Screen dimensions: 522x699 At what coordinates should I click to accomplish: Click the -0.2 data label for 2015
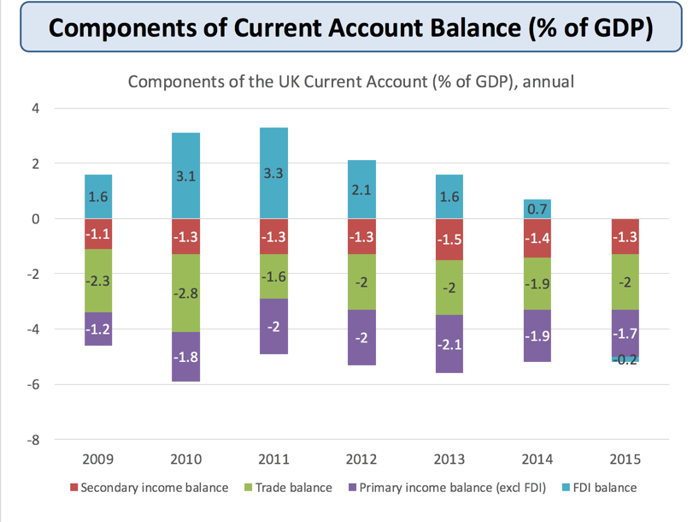(626, 359)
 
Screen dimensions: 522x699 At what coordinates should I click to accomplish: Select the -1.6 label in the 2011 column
(274, 276)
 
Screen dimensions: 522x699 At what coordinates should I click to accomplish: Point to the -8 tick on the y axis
(35, 440)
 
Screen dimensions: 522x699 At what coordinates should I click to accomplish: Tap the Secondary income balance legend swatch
(73, 488)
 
